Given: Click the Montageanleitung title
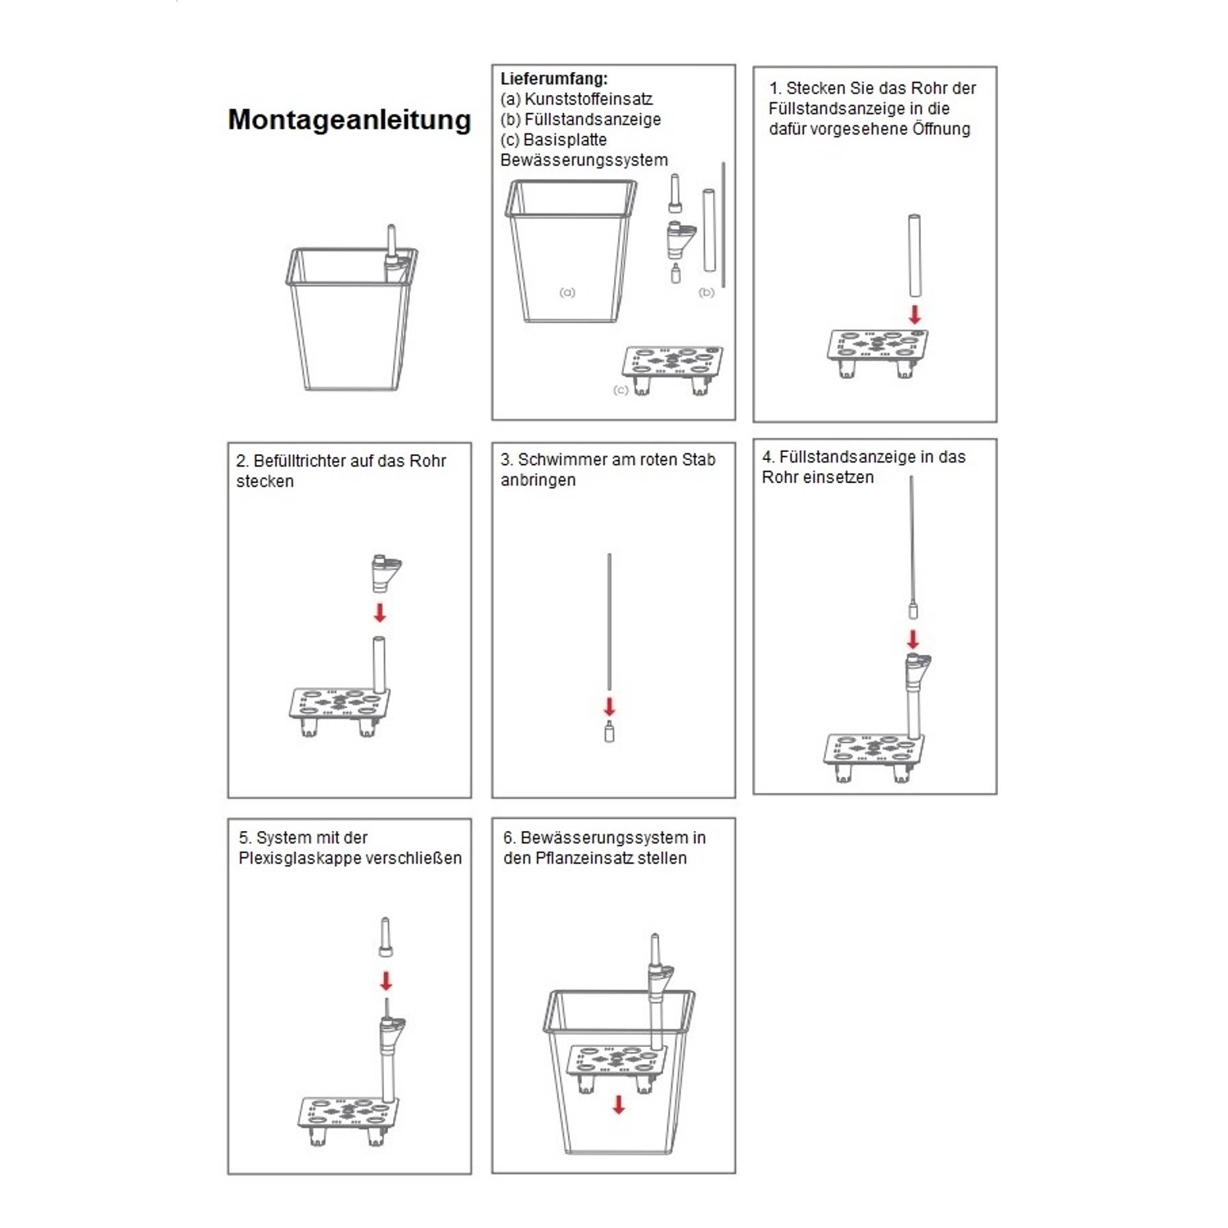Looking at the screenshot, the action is click(x=350, y=120).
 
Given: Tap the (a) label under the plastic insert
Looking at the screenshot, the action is click(x=567, y=292).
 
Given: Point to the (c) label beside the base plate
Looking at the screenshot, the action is click(x=621, y=391).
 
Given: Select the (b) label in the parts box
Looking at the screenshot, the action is click(x=707, y=292).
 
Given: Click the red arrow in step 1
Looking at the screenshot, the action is click(x=914, y=314).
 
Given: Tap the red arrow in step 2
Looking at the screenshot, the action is click(x=380, y=612).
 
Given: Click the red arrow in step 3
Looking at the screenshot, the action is click(x=609, y=707).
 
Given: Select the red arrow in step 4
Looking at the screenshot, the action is click(x=913, y=639).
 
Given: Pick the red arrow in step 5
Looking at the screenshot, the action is click(x=386, y=981).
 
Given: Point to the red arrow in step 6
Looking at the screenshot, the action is click(x=619, y=1104).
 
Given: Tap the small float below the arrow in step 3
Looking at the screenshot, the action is click(x=609, y=731).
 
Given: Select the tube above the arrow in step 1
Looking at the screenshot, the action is click(x=914, y=255).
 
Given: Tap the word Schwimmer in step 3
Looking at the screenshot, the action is click(x=563, y=460).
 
